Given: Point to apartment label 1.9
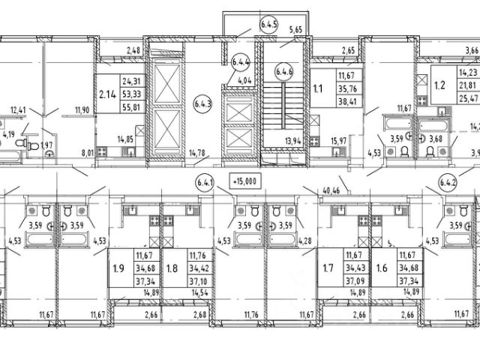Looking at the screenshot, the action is tap(118, 268).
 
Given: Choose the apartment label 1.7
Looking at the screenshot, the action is tap(327, 268).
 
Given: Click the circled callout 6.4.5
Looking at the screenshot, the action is tap(268, 23).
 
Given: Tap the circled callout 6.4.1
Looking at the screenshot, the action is tap(205, 181).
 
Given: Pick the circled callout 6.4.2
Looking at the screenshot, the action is tap(448, 181).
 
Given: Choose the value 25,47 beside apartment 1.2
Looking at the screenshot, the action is tap(469, 98).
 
